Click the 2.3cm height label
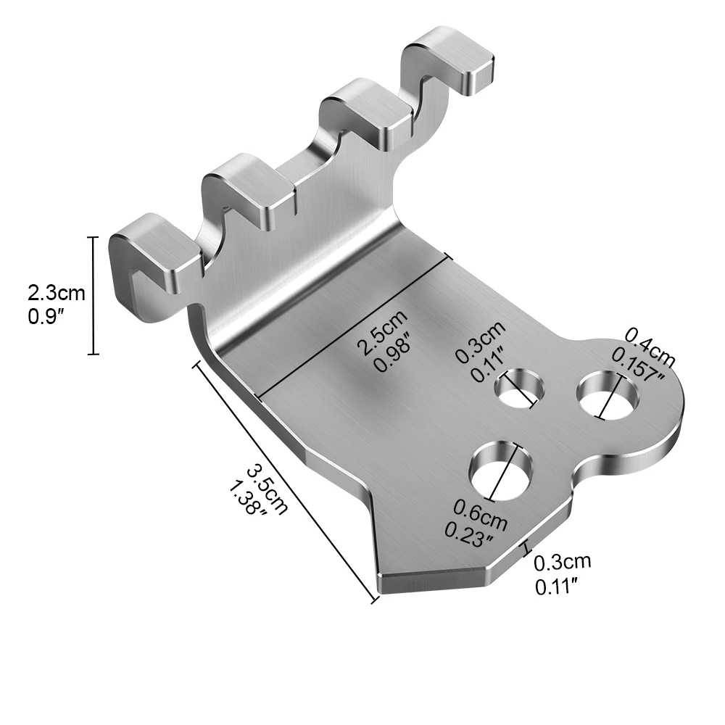[57, 293]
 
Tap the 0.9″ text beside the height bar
[46, 317]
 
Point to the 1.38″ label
[249, 499]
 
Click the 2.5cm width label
[383, 331]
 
